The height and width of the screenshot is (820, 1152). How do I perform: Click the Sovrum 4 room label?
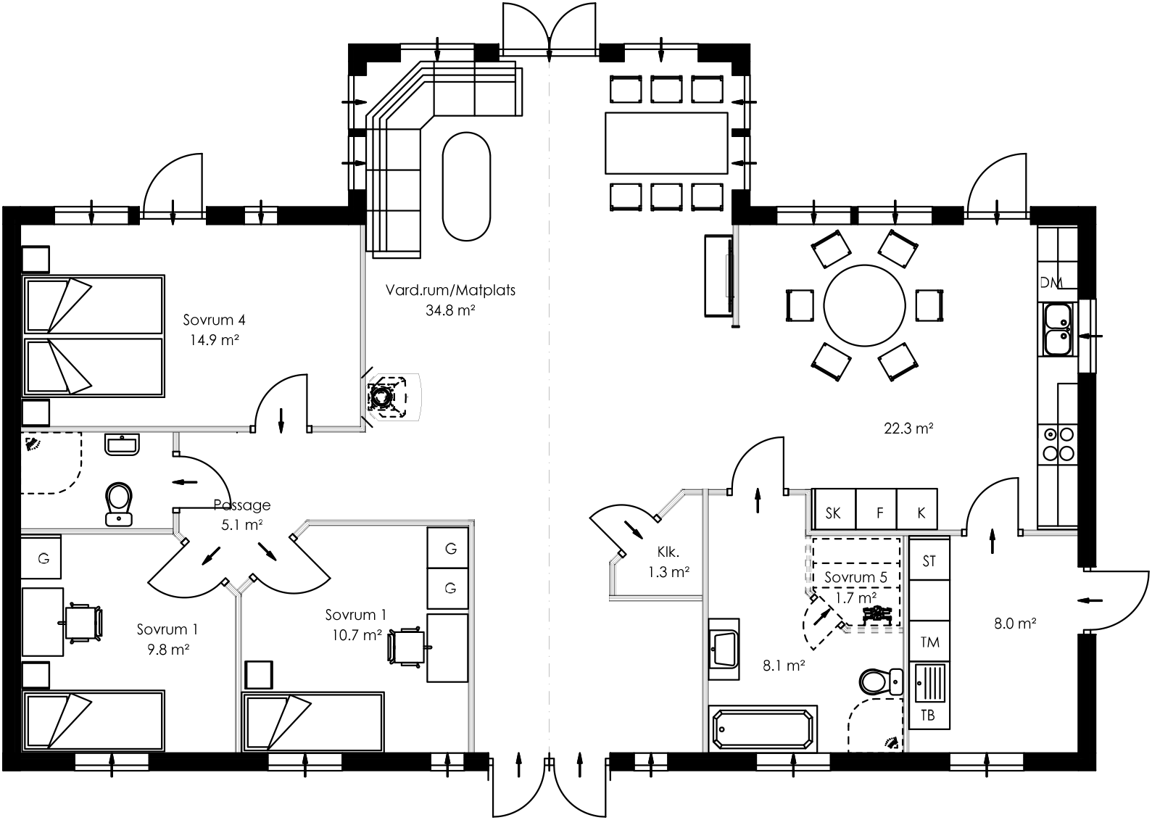click(214, 320)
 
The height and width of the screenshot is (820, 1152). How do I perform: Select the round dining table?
click(865, 305)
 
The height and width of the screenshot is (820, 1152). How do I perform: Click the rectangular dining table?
click(666, 143)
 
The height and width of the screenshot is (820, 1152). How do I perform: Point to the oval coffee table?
click(467, 186)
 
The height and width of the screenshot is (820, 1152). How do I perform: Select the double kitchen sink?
click(1058, 330)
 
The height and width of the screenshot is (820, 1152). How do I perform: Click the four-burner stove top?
click(1058, 444)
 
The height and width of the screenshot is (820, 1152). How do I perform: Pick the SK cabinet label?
click(834, 513)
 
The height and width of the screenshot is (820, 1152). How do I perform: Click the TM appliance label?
click(929, 642)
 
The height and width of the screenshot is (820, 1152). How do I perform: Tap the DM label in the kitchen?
click(1050, 282)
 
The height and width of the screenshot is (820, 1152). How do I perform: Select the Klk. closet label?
click(668, 551)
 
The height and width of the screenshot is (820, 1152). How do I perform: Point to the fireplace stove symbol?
click(382, 396)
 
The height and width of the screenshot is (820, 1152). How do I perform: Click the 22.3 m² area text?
click(908, 428)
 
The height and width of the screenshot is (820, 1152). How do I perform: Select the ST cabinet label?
click(929, 561)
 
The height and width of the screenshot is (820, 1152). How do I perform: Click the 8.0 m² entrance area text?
click(1014, 623)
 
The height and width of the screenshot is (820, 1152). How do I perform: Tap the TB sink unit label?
click(928, 716)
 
